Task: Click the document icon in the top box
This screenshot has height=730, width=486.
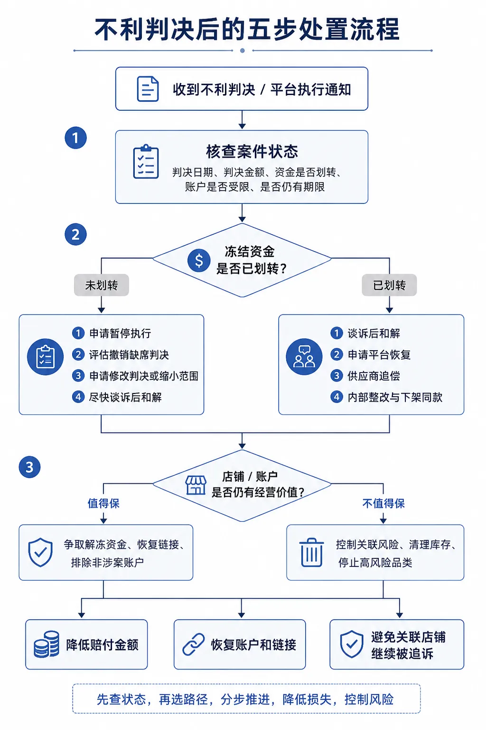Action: tap(148, 89)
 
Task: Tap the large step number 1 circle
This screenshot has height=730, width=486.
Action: tap(75, 138)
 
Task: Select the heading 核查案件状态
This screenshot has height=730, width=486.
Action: tap(252, 152)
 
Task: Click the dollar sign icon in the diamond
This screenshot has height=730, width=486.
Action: tap(198, 260)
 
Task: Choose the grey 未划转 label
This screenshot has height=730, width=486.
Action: tap(102, 285)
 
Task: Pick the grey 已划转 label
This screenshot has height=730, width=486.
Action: tap(389, 285)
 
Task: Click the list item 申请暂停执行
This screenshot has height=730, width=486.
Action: tap(120, 333)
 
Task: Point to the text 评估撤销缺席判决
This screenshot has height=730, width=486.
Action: tap(129, 355)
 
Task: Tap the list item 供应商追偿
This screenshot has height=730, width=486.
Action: tap(374, 376)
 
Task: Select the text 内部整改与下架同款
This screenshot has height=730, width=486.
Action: tap(395, 397)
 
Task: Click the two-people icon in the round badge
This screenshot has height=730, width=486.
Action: tap(304, 357)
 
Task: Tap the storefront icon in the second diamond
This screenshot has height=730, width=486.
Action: tap(196, 485)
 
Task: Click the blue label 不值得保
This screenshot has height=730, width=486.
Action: tap(383, 503)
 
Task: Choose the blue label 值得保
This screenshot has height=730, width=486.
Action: tap(103, 503)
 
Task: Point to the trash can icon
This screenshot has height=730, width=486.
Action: tap(311, 552)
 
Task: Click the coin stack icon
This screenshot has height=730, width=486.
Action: tap(47, 644)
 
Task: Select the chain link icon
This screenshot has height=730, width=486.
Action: tap(193, 644)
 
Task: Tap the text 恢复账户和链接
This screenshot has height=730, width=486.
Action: tap(253, 644)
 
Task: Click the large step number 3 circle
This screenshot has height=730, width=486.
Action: tap(29, 467)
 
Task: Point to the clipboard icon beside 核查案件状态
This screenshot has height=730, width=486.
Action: tap(146, 162)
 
